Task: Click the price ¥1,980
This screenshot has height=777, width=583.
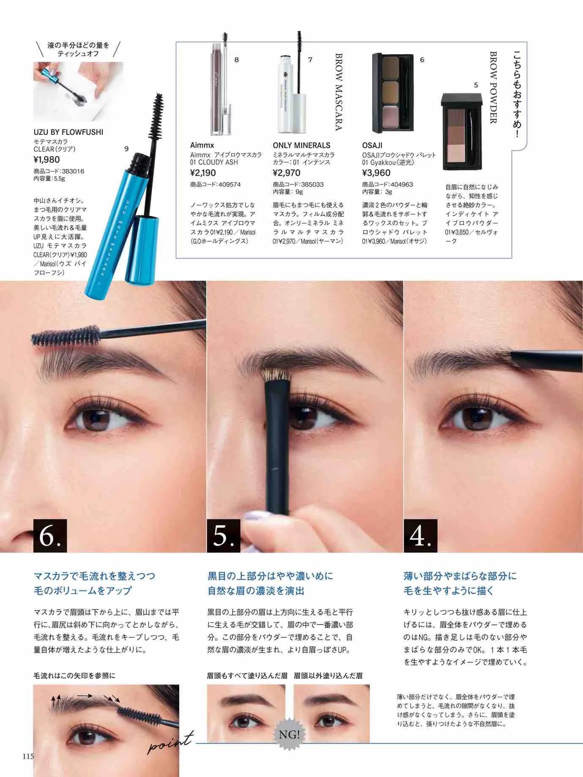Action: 46,160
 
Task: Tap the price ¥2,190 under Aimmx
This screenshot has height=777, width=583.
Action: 203,173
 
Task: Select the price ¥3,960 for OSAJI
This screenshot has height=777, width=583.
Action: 376,173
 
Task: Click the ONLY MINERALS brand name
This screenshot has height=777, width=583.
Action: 301,145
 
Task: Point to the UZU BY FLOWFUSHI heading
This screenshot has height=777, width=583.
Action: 68,132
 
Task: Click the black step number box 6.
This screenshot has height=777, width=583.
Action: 50,536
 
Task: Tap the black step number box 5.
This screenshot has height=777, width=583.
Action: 223,536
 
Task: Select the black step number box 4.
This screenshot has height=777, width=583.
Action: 420,536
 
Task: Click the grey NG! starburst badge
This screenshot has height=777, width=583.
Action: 289,734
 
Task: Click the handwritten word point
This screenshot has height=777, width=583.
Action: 170,743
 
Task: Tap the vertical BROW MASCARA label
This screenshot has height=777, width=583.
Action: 339,92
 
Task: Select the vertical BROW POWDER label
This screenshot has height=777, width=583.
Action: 493,87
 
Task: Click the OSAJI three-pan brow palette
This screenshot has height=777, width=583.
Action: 392,92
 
